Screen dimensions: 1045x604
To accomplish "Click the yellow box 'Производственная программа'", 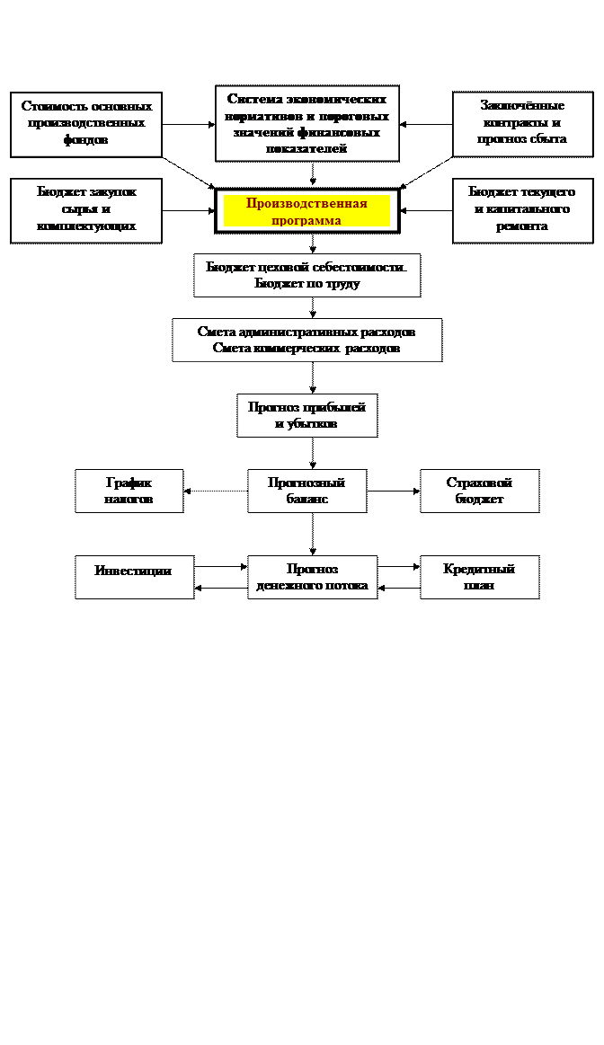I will pyautogui.click(x=306, y=211).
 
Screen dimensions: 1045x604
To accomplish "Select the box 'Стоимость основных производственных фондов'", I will pyautogui.click(x=86, y=124).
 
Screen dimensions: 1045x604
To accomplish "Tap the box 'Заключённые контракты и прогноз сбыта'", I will pyautogui.click(x=522, y=124).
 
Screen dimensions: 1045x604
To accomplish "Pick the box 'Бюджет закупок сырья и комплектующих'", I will pyautogui.click(x=86, y=210).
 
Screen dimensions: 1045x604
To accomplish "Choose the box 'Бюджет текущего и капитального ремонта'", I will pyautogui.click(x=522, y=210).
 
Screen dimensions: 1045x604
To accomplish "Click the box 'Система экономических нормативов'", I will pyautogui.click(x=306, y=123).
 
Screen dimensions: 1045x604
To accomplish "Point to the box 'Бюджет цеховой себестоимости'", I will pyautogui.click(x=306, y=275).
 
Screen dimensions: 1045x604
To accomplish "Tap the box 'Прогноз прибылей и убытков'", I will pyautogui.click(x=306, y=415).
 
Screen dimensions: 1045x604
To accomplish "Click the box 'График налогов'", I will pyautogui.click(x=129, y=491).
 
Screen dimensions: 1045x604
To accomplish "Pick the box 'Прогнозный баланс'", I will pyautogui.click(x=306, y=491).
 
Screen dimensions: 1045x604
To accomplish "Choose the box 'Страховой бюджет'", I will pyautogui.click(x=479, y=491).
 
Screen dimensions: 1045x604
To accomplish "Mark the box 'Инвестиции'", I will pyautogui.click(x=134, y=577).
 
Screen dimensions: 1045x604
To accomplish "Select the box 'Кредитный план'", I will pyautogui.click(x=479, y=577).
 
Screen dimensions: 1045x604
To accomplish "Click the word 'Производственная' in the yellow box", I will pyautogui.click(x=306, y=203).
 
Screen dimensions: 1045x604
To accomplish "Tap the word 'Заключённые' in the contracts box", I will pyautogui.click(x=522, y=106).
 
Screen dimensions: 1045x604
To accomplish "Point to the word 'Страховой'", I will pyautogui.click(x=479, y=483).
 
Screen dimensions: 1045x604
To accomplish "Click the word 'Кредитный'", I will pyautogui.click(x=479, y=569).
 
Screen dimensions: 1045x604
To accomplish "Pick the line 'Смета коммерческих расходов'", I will pyautogui.click(x=306, y=348).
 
